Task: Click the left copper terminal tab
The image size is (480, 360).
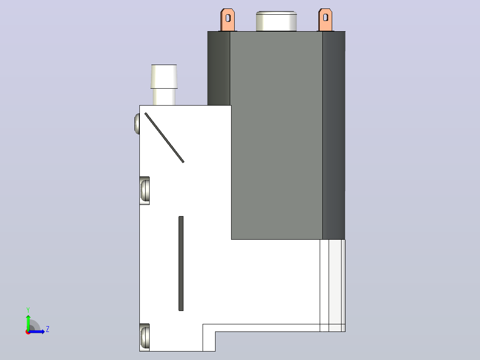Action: pyautogui.click(x=228, y=20)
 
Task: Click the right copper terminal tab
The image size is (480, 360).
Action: pyautogui.click(x=325, y=20)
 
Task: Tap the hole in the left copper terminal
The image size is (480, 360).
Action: pyautogui.click(x=228, y=18)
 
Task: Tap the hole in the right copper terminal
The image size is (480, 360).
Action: pyautogui.click(x=326, y=17)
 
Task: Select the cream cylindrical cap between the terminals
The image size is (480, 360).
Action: pyautogui.click(x=277, y=21)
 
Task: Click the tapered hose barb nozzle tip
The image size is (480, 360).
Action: pyautogui.click(x=164, y=76)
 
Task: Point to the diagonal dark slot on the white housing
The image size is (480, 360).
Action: pyautogui.click(x=164, y=138)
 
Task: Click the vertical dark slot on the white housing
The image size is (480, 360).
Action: pyautogui.click(x=181, y=263)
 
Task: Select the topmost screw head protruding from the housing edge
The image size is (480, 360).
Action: pyautogui.click(x=137, y=124)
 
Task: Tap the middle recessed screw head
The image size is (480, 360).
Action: pyautogui.click(x=145, y=190)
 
